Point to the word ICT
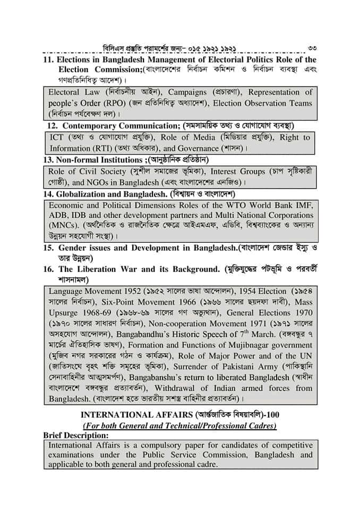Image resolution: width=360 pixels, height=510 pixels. click(x=56, y=138)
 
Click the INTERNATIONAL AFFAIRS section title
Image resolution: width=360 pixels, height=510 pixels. click(x=130, y=414)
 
